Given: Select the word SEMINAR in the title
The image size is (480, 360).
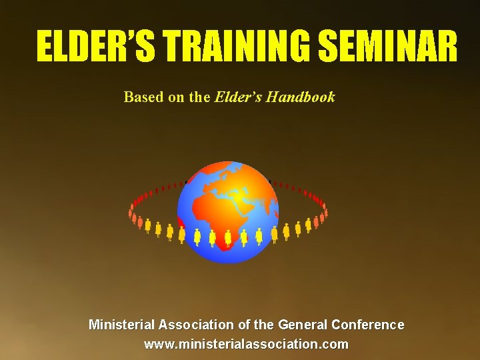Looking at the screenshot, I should pyautogui.click(x=389, y=47).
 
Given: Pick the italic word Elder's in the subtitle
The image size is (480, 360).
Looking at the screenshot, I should pyautogui.click(x=238, y=97).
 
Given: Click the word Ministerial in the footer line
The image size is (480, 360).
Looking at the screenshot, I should pyautogui.click(x=122, y=325).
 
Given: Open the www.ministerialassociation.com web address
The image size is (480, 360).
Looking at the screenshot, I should pyautogui.click(x=246, y=344).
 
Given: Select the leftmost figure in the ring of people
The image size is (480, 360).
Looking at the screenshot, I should pyautogui.click(x=131, y=213).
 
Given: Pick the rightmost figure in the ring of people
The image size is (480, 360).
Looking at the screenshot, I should pyautogui.click(x=325, y=213).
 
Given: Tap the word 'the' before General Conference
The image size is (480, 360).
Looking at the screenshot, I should pyautogui.click(x=264, y=325).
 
